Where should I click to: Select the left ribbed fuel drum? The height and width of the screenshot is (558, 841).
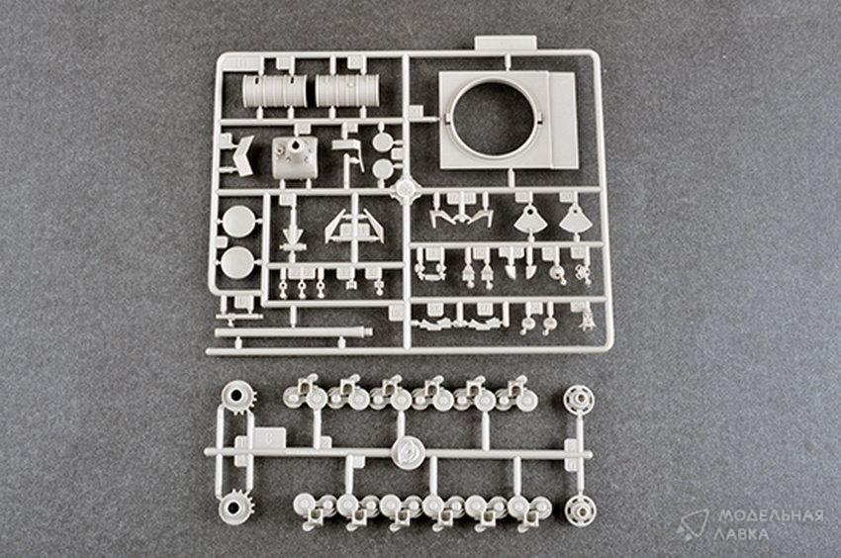275,91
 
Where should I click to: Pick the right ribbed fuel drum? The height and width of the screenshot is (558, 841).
347,90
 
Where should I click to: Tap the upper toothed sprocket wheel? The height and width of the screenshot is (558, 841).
236,398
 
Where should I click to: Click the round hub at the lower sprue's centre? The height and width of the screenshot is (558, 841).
408,453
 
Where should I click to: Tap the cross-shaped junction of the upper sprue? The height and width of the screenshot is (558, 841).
406,189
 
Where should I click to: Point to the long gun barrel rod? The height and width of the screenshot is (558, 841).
293,332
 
